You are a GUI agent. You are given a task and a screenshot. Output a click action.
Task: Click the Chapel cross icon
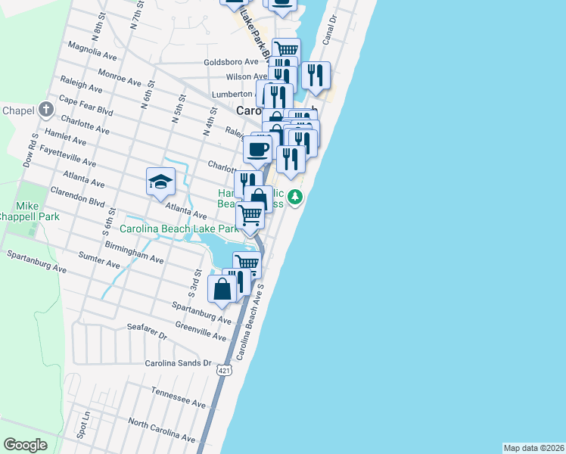coord(46,110)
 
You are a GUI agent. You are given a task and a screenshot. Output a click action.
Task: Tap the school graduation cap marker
coord(160,182)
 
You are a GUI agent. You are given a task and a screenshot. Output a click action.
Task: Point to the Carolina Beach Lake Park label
coord(179,228)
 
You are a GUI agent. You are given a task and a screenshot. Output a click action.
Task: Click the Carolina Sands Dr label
coord(179,363)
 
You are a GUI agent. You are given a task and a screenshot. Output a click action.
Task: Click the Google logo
coord(25,445)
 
